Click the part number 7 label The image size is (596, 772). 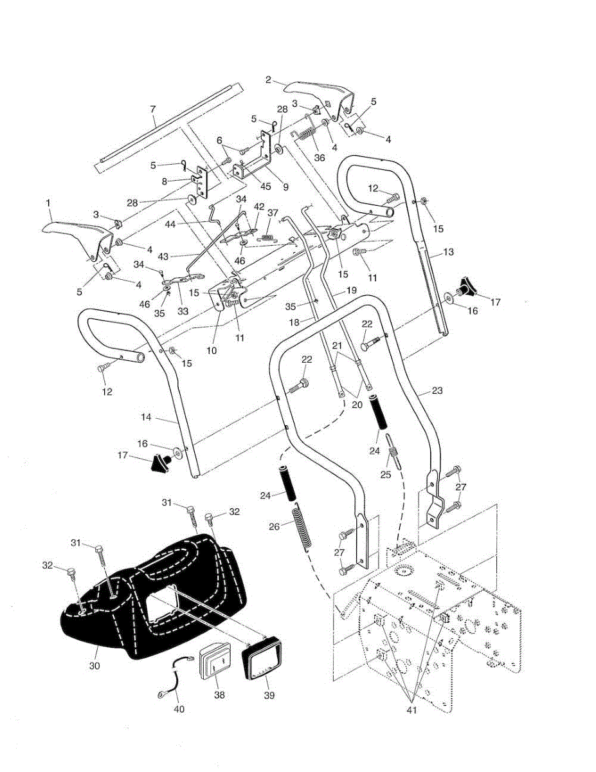pyautogui.click(x=153, y=109)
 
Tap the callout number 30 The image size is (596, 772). pyautogui.click(x=95, y=666)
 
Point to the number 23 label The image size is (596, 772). pyautogui.click(x=437, y=391)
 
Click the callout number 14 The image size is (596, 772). pyautogui.click(x=146, y=417)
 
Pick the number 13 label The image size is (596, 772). pyautogui.click(x=448, y=252)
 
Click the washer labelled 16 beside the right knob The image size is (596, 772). pyautogui.click(x=449, y=297)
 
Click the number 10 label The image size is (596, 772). pyautogui.click(x=212, y=351)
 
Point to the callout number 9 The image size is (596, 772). pyautogui.click(x=285, y=187)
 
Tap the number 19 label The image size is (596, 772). pyautogui.click(x=351, y=290)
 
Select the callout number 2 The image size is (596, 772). pyautogui.click(x=268, y=80)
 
